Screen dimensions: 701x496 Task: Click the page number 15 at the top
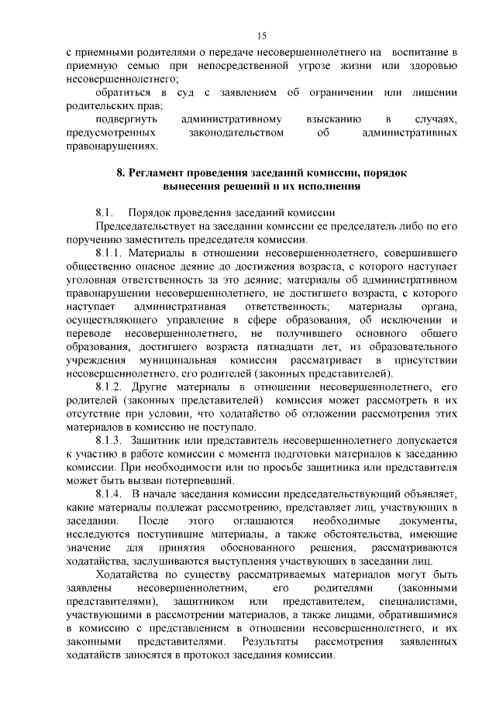(262, 36)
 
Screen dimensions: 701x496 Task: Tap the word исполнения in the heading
(324, 187)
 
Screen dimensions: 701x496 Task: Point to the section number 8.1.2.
(110, 385)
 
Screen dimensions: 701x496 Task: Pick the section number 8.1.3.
(110, 439)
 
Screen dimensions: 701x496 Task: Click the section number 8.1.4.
(110, 493)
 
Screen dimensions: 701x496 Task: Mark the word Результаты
(270, 642)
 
